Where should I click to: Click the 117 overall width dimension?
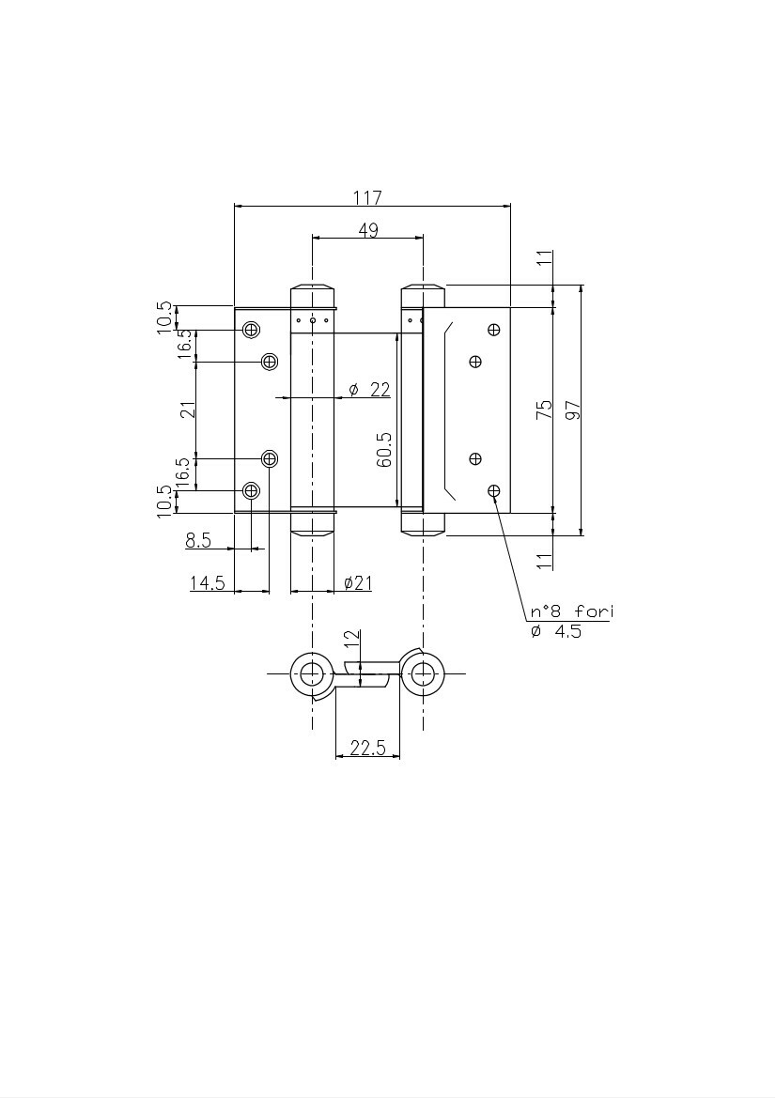point(367,197)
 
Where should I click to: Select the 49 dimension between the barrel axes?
point(368,230)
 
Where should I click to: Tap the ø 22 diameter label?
point(369,390)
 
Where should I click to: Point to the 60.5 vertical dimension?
point(384,450)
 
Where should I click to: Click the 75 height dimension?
point(544,410)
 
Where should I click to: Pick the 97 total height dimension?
point(573,410)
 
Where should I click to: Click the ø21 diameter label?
point(358,582)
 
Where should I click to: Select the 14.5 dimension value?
point(208,582)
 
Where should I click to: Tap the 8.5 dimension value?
point(198,540)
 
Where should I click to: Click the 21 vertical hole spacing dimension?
point(188,410)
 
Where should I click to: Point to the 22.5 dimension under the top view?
point(367,748)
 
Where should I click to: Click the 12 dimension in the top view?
point(352,638)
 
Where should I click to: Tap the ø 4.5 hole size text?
point(556,631)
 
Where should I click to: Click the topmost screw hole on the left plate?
point(251,329)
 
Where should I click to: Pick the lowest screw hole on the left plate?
point(251,490)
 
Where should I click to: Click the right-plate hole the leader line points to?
point(494,491)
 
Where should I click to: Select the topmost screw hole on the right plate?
point(494,329)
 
